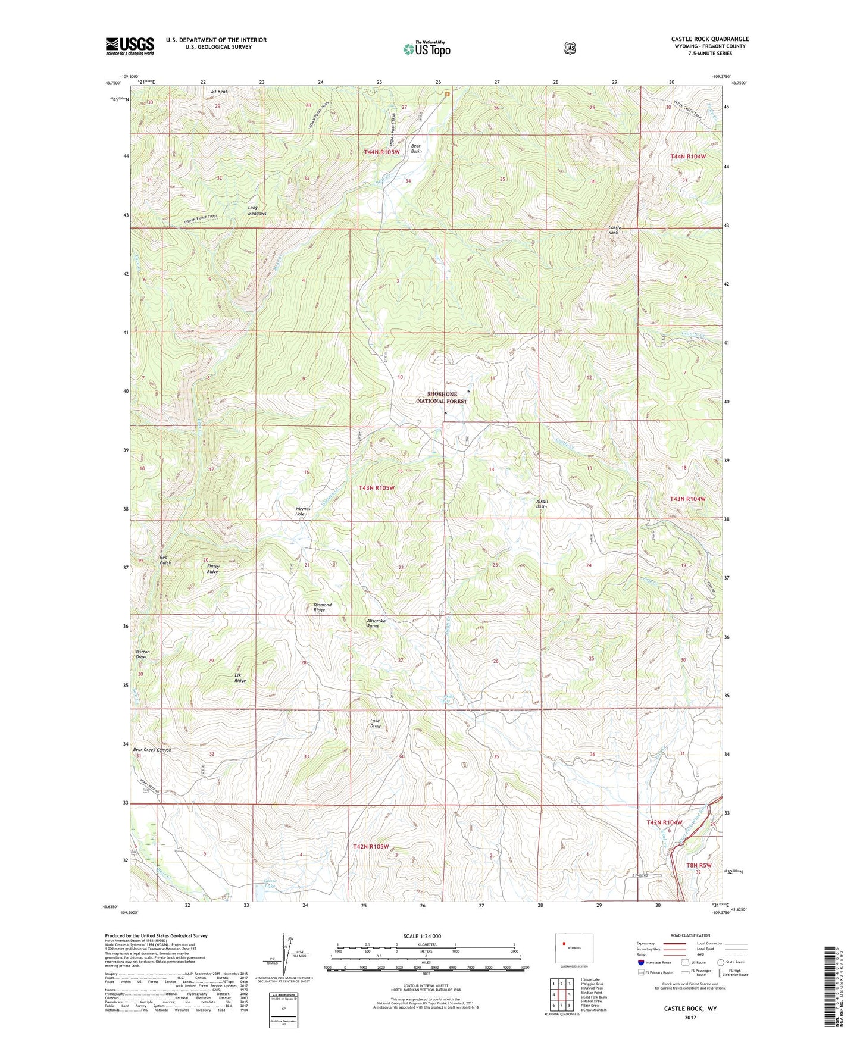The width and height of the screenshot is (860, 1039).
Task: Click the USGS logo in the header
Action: [x=130, y=46]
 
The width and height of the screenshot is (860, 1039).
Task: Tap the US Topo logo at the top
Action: [x=426, y=49]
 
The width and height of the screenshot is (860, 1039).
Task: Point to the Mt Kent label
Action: [x=218, y=92]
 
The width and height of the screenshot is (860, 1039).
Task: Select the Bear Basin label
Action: [x=416, y=148]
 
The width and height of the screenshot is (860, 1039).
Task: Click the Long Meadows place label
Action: [x=257, y=210]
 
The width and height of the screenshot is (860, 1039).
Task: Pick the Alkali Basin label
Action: [x=542, y=503]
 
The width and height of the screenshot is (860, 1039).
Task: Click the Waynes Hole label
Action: [x=303, y=511]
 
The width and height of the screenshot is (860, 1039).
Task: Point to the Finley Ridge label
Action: [x=213, y=569]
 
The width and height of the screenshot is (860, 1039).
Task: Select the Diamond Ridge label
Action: [x=322, y=607]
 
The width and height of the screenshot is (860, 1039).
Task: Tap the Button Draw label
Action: [x=142, y=654]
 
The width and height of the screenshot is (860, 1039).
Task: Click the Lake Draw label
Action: [x=375, y=724]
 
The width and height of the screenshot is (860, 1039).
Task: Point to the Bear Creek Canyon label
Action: [x=152, y=750]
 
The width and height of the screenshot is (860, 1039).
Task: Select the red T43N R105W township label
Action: [x=376, y=487]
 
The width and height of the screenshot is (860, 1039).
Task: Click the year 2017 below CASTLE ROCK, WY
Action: [x=690, y=1017]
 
